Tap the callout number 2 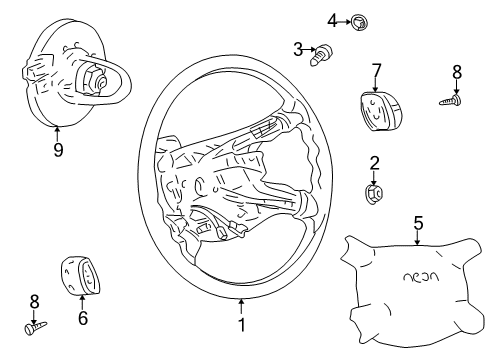374,163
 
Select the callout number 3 298,48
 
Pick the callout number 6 83,319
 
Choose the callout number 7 376,69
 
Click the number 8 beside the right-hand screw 457,72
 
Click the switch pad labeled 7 373,106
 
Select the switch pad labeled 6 81,273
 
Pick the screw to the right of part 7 451,99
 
